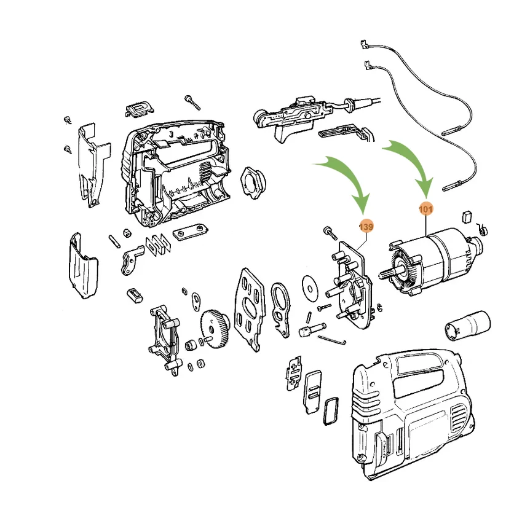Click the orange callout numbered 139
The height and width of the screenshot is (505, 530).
366,227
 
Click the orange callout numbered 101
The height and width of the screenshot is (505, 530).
425,209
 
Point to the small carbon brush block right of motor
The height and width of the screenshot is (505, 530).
466,216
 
